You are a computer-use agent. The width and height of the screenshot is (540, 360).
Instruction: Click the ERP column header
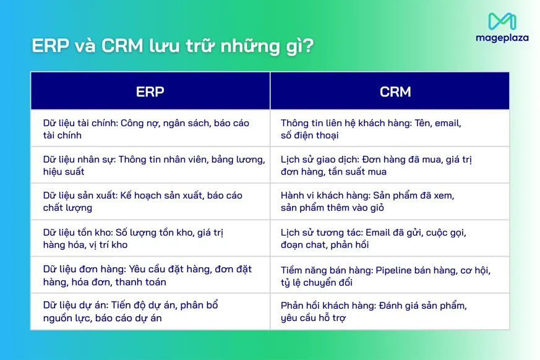coord(150,92)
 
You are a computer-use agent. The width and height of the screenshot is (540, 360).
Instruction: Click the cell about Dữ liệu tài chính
coord(150,129)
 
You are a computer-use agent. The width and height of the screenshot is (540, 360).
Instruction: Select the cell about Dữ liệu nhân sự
coord(150,165)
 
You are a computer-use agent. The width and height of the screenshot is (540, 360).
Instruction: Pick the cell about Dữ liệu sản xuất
coord(150,202)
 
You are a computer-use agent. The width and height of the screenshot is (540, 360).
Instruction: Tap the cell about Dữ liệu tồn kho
coord(150,238)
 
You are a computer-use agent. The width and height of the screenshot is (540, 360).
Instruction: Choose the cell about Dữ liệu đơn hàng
coord(150,275)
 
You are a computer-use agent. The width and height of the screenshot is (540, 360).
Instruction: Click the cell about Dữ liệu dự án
coord(150,312)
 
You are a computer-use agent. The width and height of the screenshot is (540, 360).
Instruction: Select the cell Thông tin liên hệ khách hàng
coord(390,129)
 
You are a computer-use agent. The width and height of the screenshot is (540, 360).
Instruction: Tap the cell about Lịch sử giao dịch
coord(390,165)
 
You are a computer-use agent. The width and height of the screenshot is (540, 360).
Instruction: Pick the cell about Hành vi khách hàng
coord(390,202)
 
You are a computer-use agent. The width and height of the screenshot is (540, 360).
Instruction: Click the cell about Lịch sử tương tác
coord(390,238)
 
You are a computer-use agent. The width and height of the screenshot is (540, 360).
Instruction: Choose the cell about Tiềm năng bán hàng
coord(390,275)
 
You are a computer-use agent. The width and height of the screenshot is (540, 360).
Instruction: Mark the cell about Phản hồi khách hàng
coord(390,312)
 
